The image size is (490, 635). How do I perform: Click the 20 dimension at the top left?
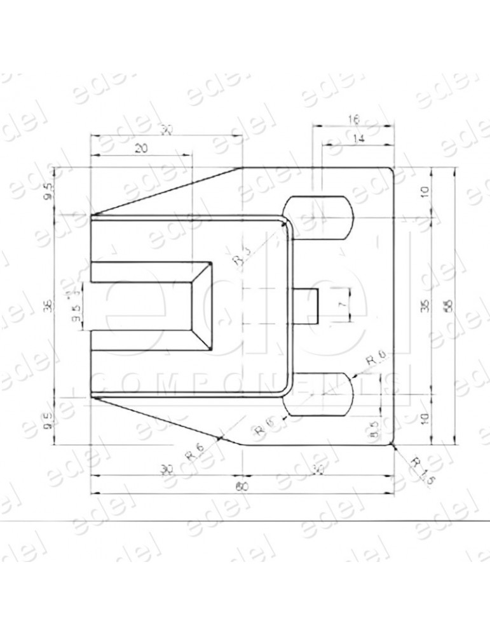pyautogui.click(x=141, y=148)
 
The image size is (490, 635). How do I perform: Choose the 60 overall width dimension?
pyautogui.click(x=242, y=486)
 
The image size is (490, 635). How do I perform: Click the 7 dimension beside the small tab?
pyautogui.click(x=343, y=305)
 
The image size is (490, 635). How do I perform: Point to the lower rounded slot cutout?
pyautogui.click(x=318, y=394)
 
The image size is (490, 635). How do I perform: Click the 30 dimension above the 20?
pyautogui.click(x=167, y=130)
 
